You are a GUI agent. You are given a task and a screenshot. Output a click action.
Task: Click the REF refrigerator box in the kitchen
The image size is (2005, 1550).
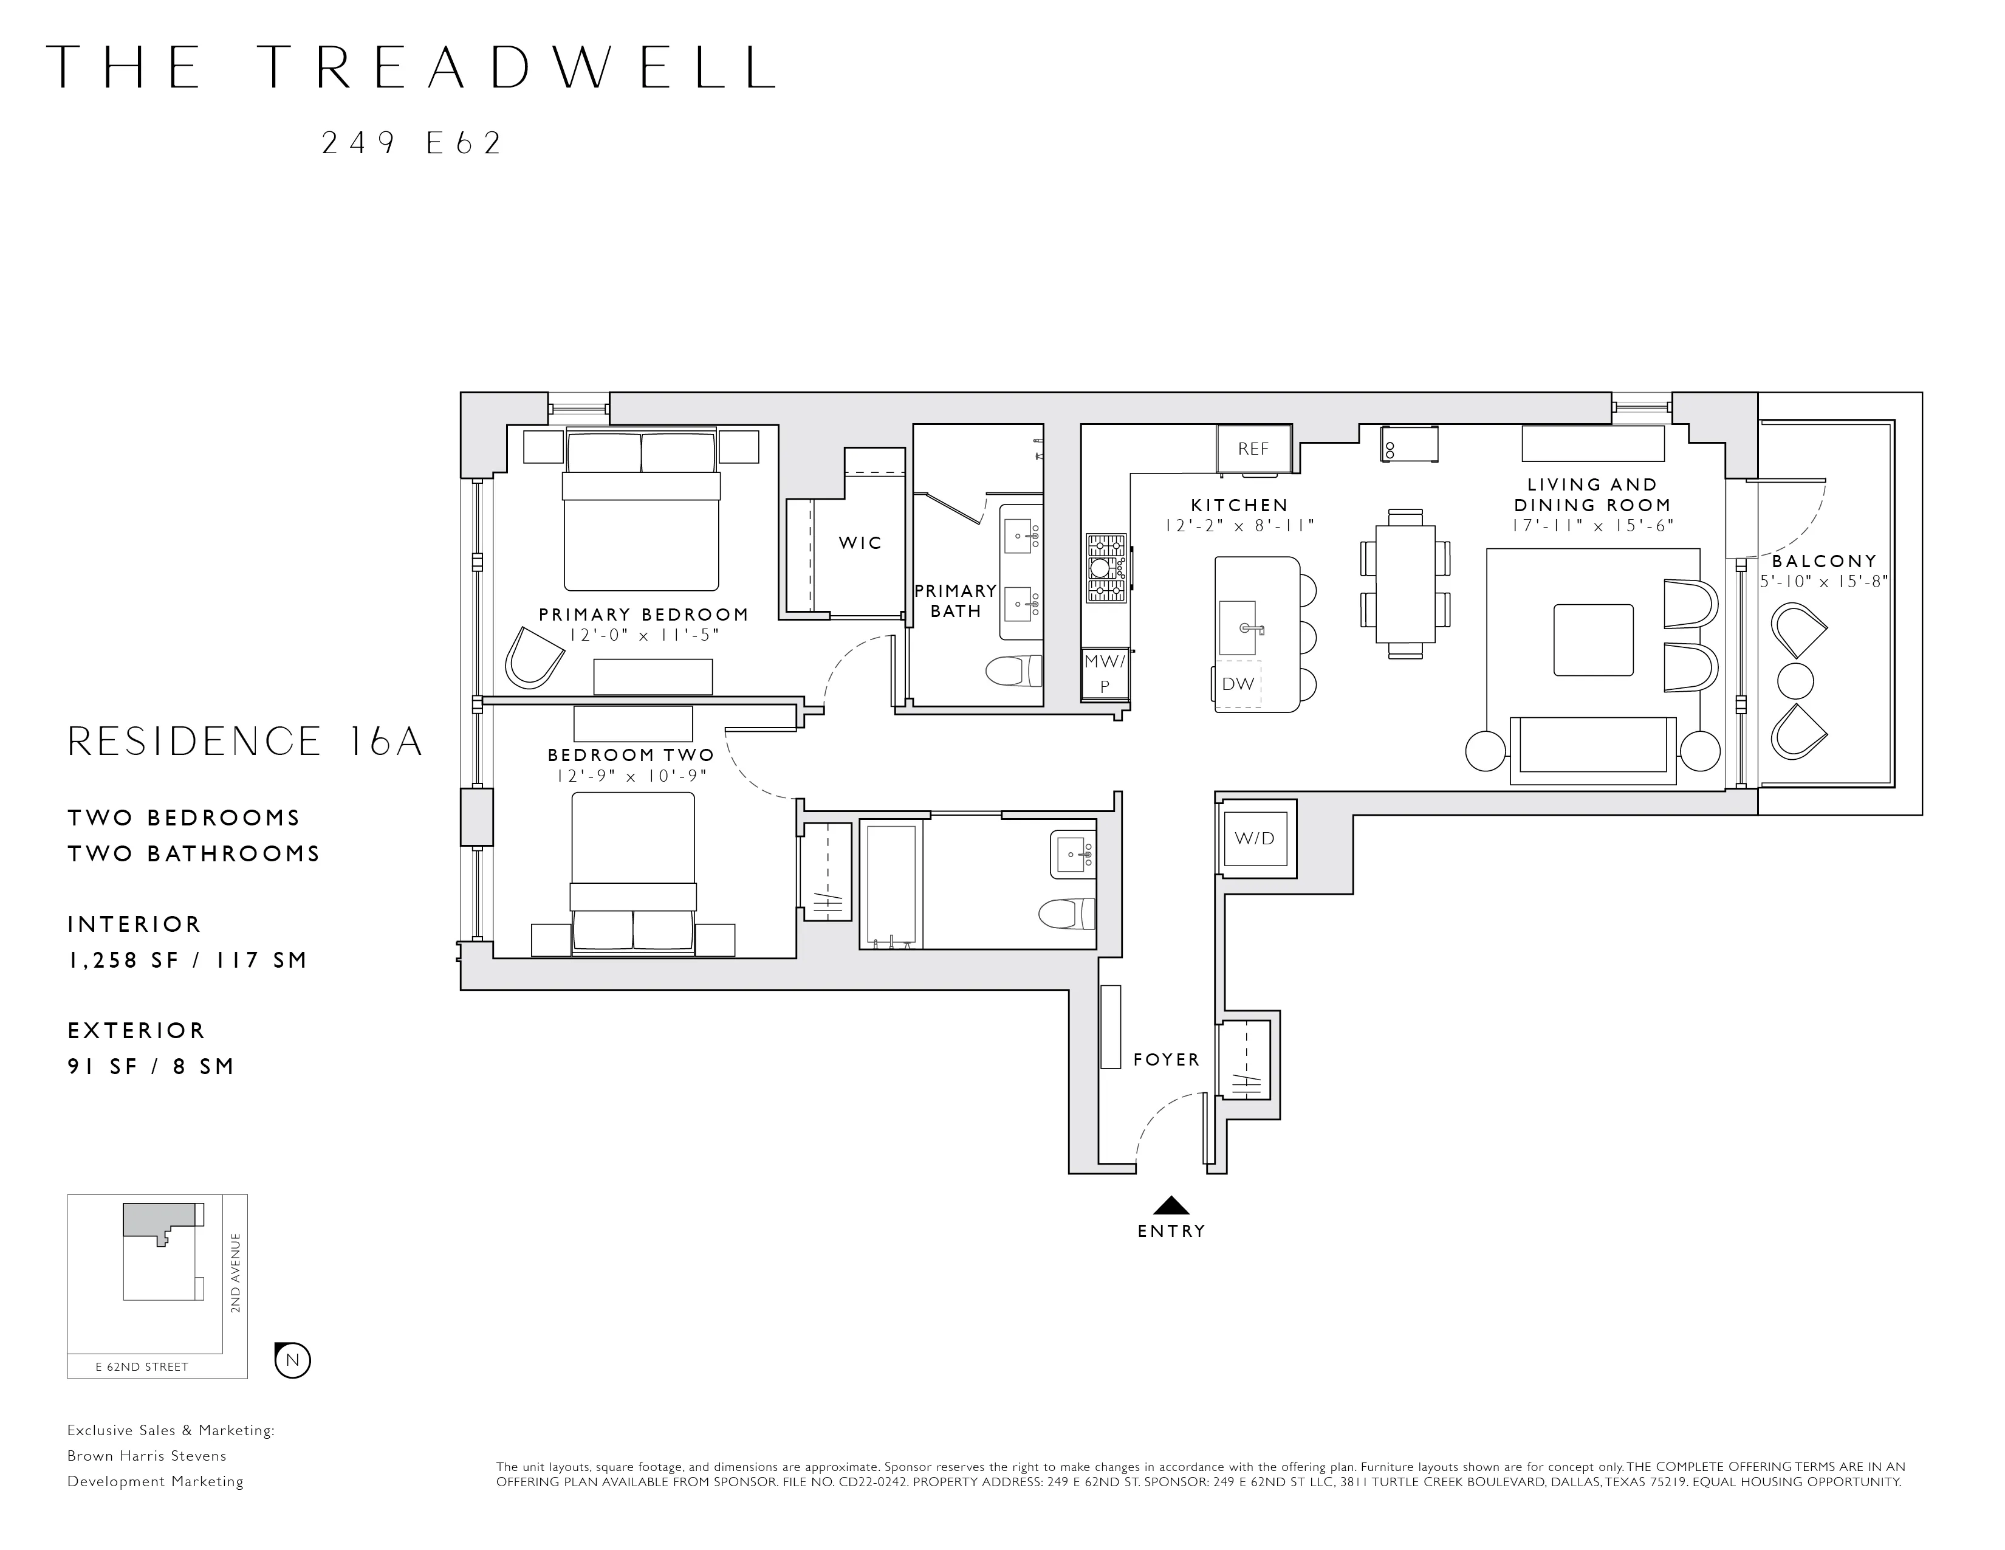tap(1253, 449)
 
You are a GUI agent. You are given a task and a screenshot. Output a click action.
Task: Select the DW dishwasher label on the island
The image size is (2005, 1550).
tap(1238, 683)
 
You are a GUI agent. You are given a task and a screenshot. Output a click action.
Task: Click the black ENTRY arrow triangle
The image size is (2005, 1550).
tap(1171, 1206)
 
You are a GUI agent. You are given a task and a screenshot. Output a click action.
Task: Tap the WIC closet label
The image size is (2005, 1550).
tap(860, 543)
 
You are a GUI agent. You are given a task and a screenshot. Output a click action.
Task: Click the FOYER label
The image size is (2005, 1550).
tap(1166, 1059)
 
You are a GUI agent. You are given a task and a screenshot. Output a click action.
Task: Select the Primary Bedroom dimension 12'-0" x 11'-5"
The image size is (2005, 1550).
tap(643, 635)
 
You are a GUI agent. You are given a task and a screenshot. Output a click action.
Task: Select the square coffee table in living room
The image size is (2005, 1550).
tap(1593, 640)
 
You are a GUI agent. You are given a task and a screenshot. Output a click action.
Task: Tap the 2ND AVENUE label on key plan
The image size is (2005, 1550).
tap(236, 1273)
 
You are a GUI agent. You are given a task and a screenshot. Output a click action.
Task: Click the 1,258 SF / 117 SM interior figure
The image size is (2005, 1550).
tap(187, 960)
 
